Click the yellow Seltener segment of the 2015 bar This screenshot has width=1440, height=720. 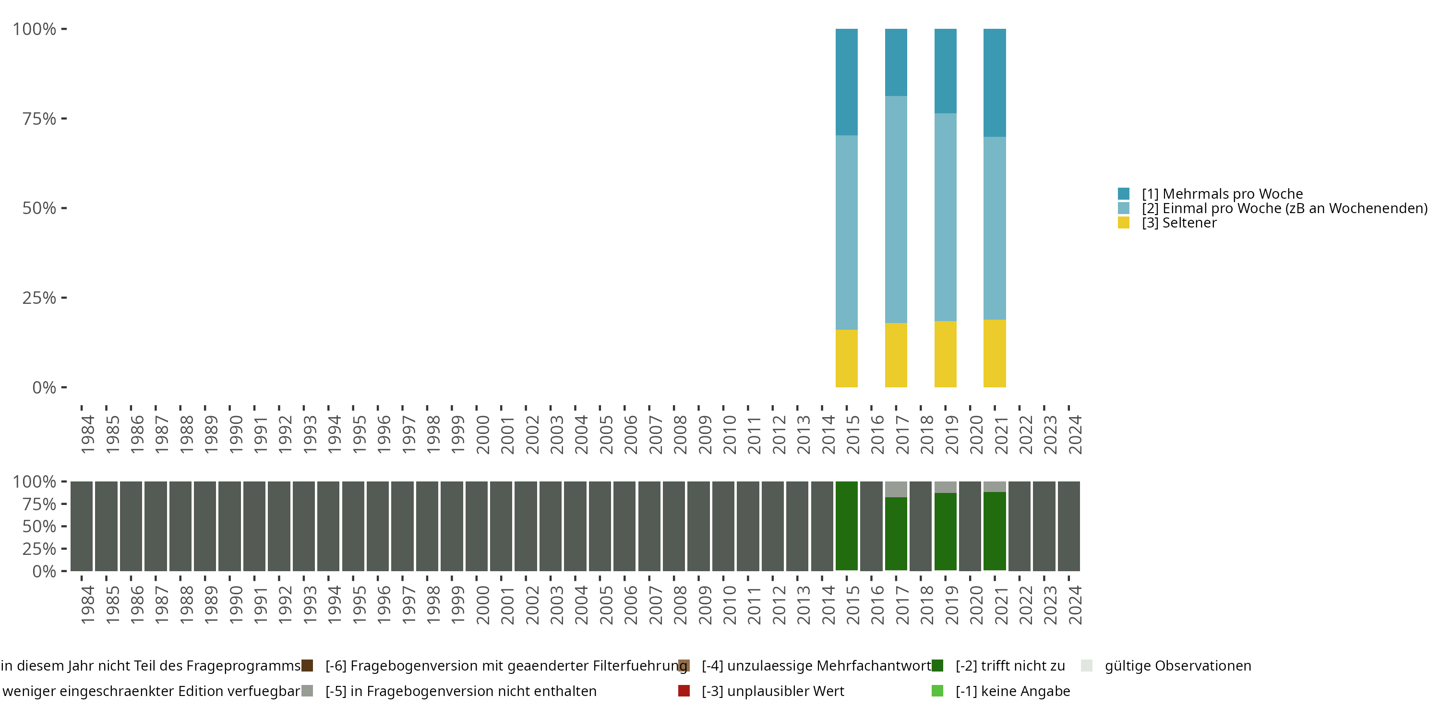point(846,359)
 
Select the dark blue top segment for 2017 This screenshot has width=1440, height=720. point(896,62)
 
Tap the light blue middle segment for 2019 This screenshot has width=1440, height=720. point(945,217)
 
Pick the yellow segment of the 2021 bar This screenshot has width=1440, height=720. point(995,353)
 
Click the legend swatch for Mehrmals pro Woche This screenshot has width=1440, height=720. point(1124,194)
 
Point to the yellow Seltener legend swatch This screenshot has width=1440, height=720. point(1124,223)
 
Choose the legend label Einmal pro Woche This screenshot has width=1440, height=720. point(1284,208)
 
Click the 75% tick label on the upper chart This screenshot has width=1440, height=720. point(39,119)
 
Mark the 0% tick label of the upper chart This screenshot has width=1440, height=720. point(44,387)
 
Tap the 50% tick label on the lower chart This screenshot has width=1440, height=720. point(39,527)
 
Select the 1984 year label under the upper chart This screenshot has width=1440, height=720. point(88,434)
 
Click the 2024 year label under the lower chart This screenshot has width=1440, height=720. point(1075,605)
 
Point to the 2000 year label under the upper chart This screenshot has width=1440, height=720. point(482,434)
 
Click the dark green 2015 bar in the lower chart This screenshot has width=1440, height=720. point(846,526)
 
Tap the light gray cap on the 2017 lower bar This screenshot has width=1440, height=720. point(896,489)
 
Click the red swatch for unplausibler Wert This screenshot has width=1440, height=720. point(684,691)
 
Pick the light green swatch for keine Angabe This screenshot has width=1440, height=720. point(937,691)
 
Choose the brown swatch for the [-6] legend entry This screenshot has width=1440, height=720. point(307,666)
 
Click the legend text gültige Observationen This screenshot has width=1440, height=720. point(1178,666)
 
